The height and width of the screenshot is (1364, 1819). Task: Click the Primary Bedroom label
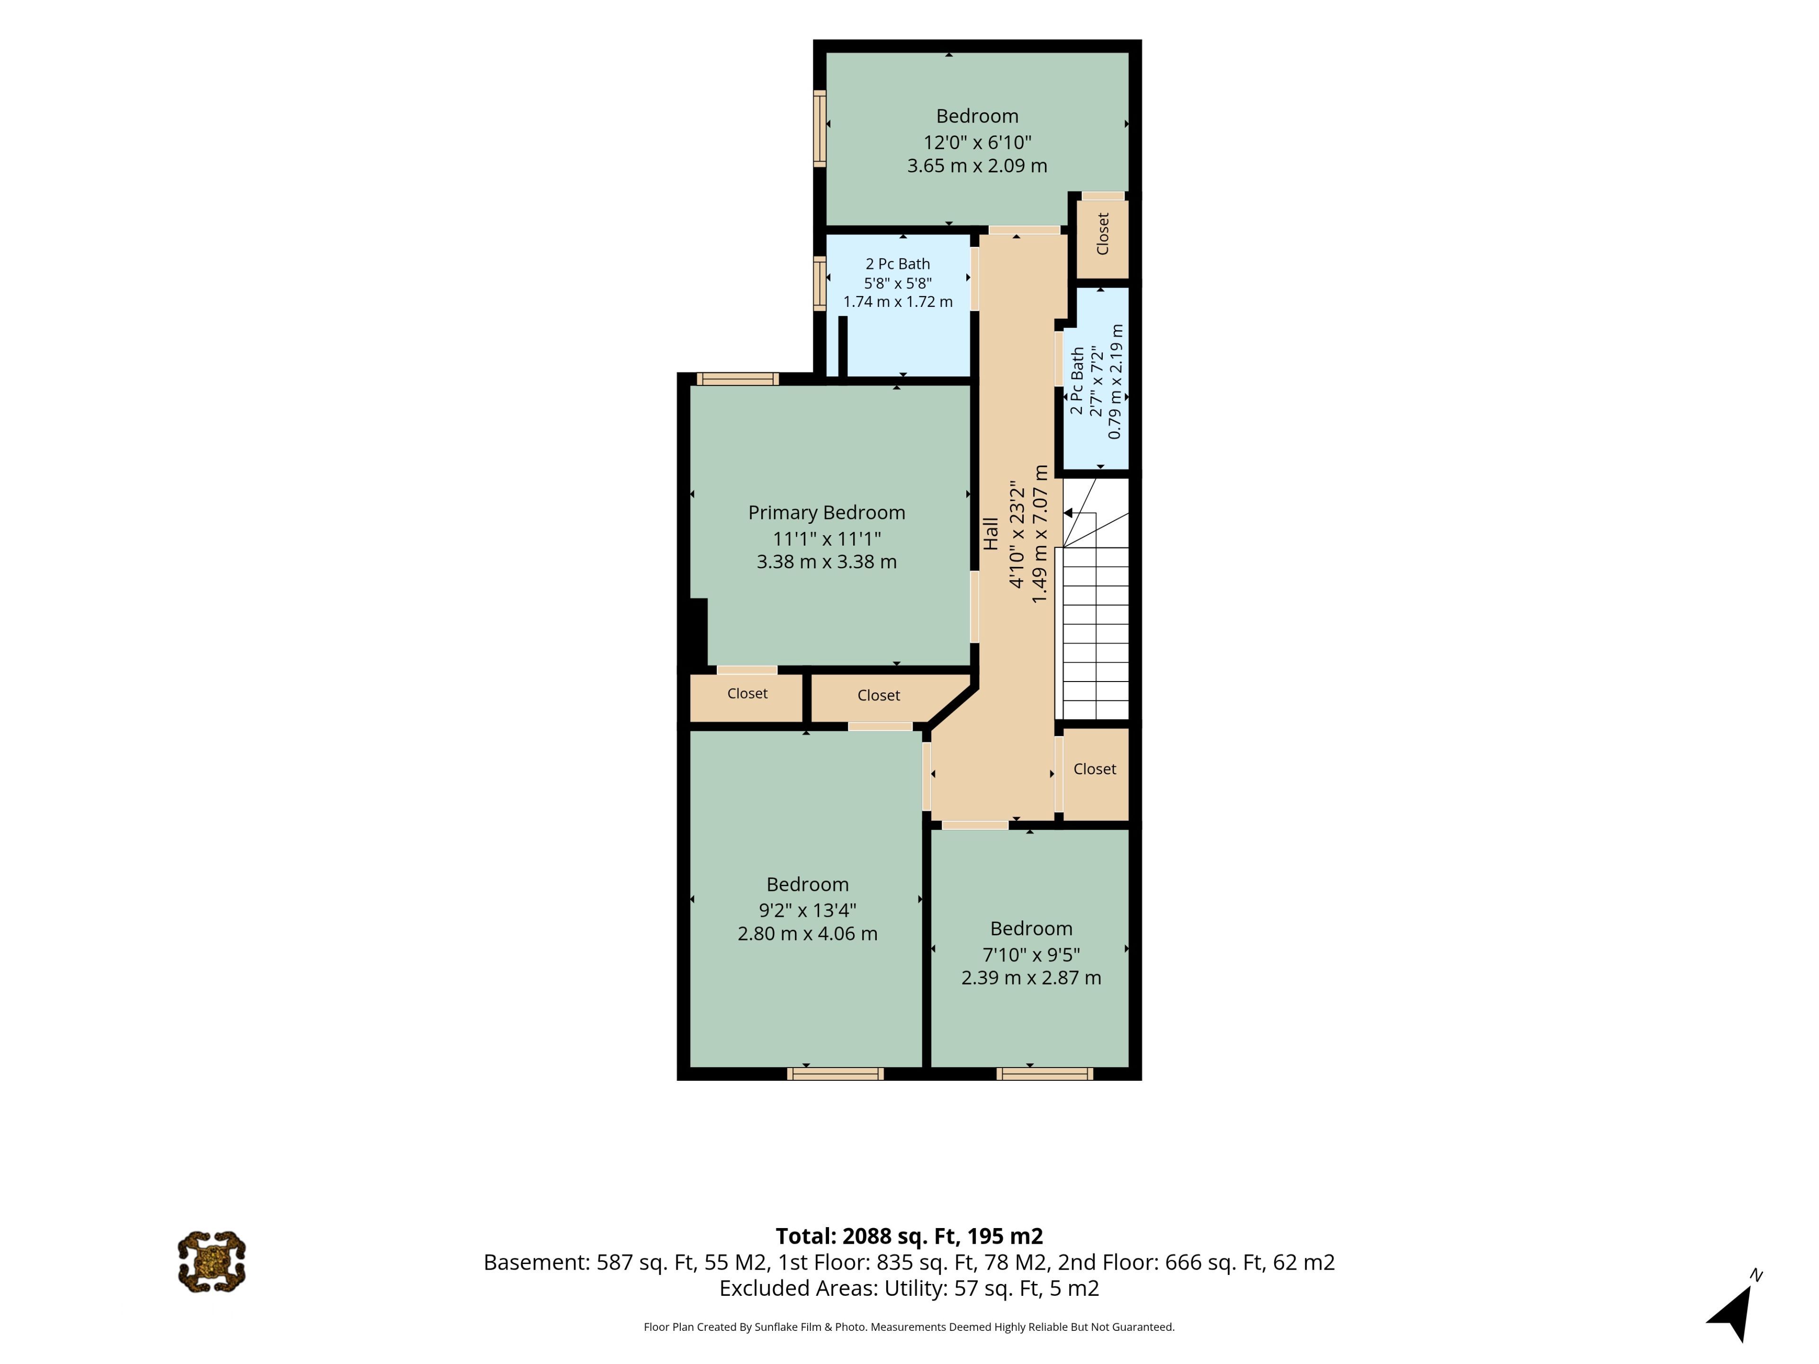(827, 513)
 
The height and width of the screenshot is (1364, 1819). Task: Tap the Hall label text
(991, 534)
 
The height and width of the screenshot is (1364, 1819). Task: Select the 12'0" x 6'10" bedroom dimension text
(977, 142)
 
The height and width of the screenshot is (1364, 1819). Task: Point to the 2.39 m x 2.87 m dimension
(1031, 978)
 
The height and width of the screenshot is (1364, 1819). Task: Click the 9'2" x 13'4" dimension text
(808, 910)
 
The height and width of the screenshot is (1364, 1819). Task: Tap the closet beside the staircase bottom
(1095, 773)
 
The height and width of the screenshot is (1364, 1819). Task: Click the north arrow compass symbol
(1733, 1307)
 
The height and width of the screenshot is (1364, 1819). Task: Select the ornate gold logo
(211, 1261)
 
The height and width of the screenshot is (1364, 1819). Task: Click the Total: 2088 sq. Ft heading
(909, 1237)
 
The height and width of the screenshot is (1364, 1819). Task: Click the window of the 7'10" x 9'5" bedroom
(1045, 1074)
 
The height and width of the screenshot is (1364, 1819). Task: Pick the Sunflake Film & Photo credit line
(909, 1327)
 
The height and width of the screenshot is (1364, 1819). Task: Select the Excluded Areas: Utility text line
(909, 1288)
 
